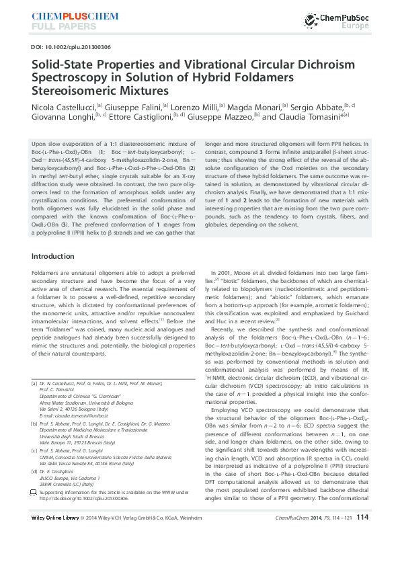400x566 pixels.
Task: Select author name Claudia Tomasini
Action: (311, 117)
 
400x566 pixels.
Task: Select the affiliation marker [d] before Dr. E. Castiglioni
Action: (34, 492)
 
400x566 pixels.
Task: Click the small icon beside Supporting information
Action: (34, 512)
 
